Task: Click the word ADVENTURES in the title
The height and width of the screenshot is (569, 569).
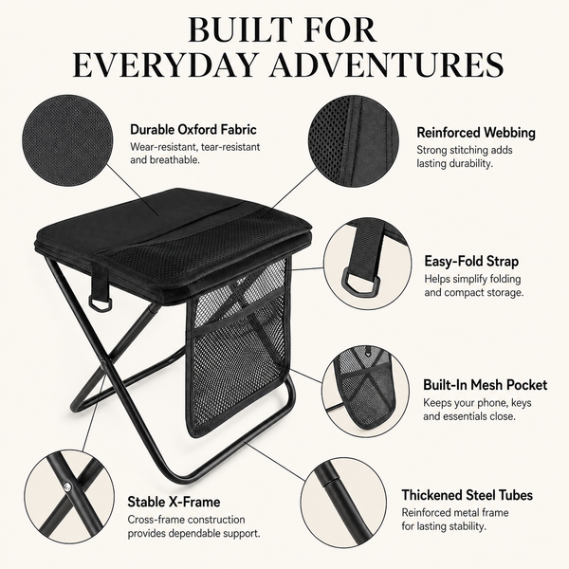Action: (x=386, y=64)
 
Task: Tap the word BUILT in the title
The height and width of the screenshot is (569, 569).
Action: (x=240, y=29)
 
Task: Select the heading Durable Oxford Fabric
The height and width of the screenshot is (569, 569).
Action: (x=193, y=130)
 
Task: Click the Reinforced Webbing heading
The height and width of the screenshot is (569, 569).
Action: (x=476, y=133)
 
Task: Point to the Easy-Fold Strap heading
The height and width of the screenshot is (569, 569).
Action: (x=471, y=262)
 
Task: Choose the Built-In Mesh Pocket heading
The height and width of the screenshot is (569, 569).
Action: (x=486, y=385)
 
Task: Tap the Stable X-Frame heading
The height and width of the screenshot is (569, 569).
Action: (x=174, y=502)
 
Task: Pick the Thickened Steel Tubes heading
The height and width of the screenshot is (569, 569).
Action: (x=467, y=495)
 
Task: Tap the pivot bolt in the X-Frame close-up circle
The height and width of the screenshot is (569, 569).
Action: (x=67, y=486)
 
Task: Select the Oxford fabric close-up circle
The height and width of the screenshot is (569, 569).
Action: (x=66, y=139)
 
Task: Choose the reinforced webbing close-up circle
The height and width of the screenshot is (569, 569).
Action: (x=354, y=140)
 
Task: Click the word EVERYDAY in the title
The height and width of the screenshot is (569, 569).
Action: (x=163, y=64)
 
